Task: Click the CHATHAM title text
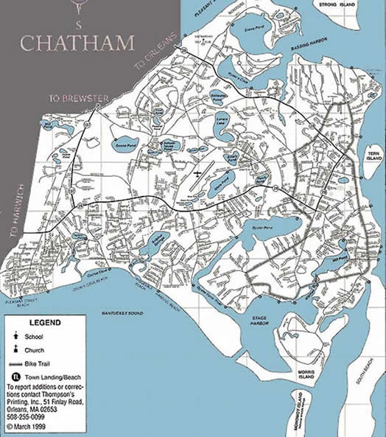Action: (x=77, y=43)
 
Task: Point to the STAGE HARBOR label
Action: (x=261, y=321)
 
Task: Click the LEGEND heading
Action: (x=45, y=322)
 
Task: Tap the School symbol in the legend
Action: (x=17, y=336)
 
